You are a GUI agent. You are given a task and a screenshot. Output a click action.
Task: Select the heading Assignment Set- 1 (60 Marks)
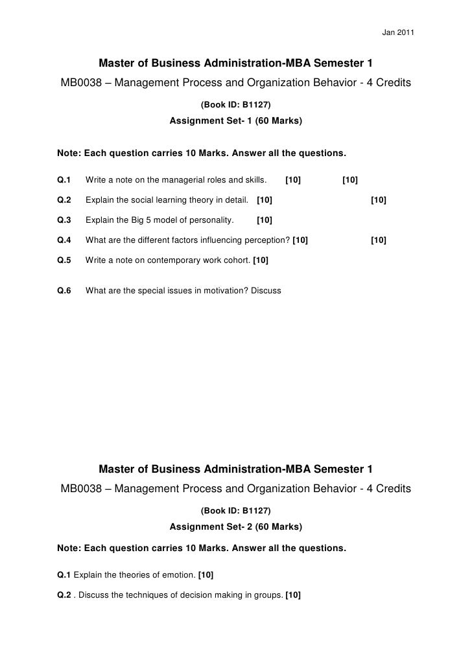pyautogui.click(x=235, y=120)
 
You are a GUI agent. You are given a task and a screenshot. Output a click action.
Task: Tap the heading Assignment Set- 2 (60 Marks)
pyautogui.click(x=235, y=526)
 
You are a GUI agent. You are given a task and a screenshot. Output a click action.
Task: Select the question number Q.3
pyautogui.click(x=64, y=220)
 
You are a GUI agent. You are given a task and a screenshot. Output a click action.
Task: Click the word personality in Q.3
pyautogui.click(x=213, y=220)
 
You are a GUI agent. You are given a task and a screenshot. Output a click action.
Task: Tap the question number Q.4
pyautogui.click(x=64, y=240)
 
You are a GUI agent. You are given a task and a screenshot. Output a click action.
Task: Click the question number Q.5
pyautogui.click(x=64, y=260)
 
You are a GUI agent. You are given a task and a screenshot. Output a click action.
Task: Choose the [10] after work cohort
pyautogui.click(x=261, y=260)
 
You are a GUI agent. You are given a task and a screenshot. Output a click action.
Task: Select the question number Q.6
pyautogui.click(x=64, y=291)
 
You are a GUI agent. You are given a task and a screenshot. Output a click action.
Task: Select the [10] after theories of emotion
pyautogui.click(x=206, y=574)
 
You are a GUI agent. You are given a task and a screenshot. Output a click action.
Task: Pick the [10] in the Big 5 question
pyautogui.click(x=265, y=220)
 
